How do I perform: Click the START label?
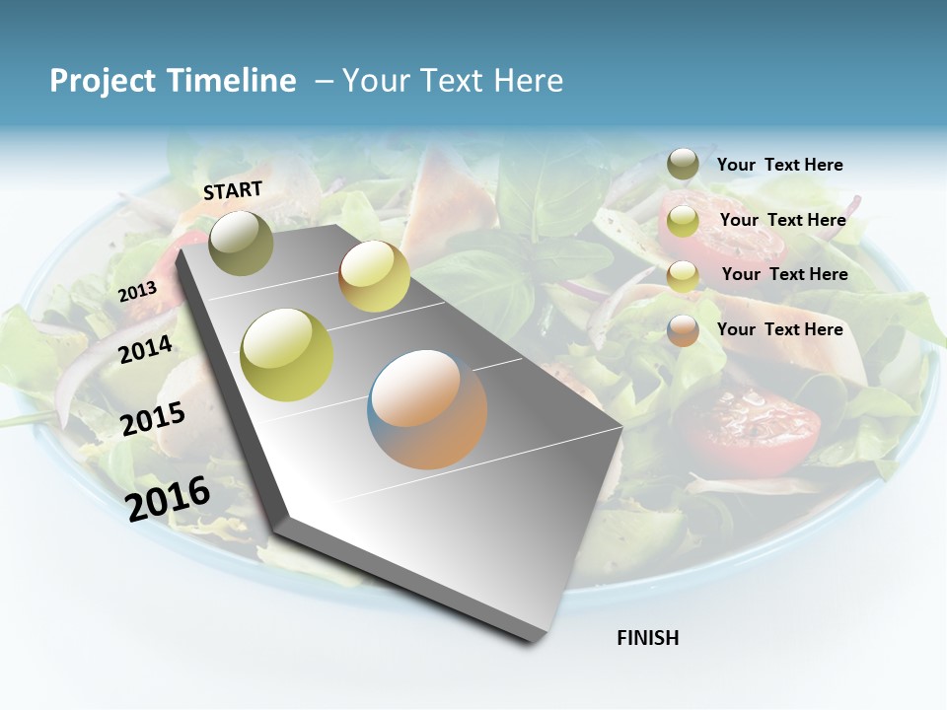pyautogui.click(x=233, y=190)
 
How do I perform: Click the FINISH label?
pyautogui.click(x=647, y=638)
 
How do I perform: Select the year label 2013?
pyautogui.click(x=137, y=291)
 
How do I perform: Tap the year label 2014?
pyautogui.click(x=145, y=349)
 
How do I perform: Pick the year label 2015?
pyautogui.click(x=153, y=419)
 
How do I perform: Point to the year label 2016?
pyautogui.click(x=168, y=498)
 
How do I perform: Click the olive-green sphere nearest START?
pyautogui.click(x=241, y=243)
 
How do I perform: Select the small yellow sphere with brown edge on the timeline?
pyautogui.click(x=374, y=276)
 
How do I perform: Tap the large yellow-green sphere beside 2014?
pyautogui.click(x=287, y=355)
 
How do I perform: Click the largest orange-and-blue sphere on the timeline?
pyautogui.click(x=427, y=409)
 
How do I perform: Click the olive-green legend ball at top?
pyautogui.click(x=683, y=165)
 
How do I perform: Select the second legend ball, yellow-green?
pyautogui.click(x=683, y=221)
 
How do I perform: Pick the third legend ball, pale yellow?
pyautogui.click(x=683, y=276)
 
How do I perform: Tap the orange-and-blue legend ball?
pyautogui.click(x=683, y=330)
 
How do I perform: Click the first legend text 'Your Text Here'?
pyautogui.click(x=779, y=165)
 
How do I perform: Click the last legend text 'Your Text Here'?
pyautogui.click(x=779, y=329)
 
